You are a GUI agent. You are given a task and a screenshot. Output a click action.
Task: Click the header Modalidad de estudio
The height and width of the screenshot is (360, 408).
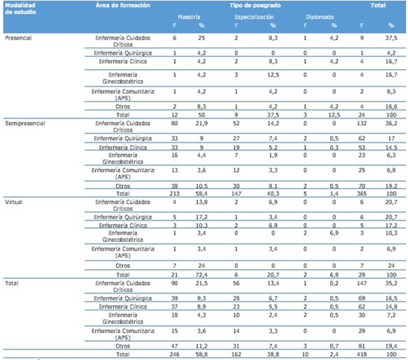click(20, 8)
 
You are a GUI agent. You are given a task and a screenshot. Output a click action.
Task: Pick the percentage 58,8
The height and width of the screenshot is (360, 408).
click(201, 354)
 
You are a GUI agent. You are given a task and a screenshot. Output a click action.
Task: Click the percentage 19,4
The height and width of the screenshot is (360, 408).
click(390, 345)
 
